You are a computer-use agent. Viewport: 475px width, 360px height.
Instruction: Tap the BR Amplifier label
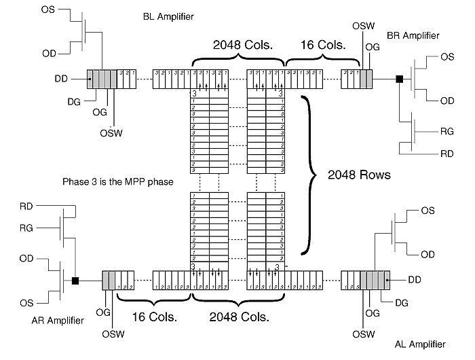click(x=413, y=35)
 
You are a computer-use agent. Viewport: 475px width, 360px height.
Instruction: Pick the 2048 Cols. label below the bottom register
click(x=239, y=317)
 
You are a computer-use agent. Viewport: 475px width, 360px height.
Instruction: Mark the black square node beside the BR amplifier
click(x=399, y=79)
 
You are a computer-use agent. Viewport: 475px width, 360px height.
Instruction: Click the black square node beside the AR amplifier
click(x=75, y=280)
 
